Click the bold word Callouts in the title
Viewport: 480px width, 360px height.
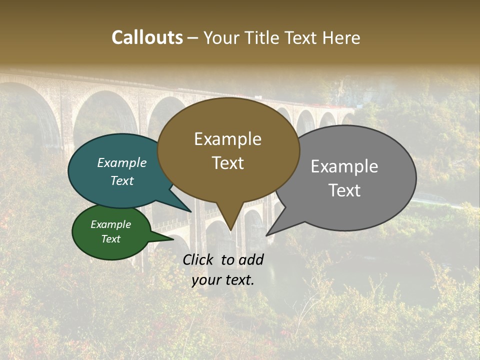tap(147, 37)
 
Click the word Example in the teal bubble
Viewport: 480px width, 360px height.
tap(122, 162)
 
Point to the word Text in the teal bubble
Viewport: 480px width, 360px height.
tap(122, 180)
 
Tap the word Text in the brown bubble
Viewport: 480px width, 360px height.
tap(227, 162)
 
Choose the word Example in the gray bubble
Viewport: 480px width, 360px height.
tap(344, 166)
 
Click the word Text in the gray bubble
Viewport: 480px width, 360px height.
tap(344, 190)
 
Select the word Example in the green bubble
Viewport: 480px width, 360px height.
tap(111, 224)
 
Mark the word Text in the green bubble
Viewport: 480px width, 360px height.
tap(111, 239)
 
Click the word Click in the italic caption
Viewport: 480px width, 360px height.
tap(199, 259)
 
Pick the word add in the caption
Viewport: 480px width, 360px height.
tap(251, 259)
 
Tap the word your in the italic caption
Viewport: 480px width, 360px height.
tap(206, 280)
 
